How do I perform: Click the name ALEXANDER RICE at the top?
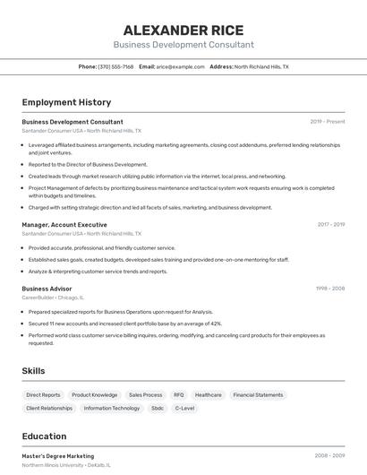pyautogui.click(x=183, y=30)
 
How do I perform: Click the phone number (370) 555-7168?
pyautogui.click(x=115, y=66)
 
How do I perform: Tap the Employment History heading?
pyautogui.click(x=66, y=102)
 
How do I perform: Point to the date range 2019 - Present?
pyautogui.click(x=328, y=122)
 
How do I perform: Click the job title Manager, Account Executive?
pyautogui.click(x=64, y=224)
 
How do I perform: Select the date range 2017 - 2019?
pyautogui.click(x=330, y=225)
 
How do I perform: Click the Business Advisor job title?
pyautogui.click(x=47, y=289)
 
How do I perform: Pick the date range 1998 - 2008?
pyautogui.click(x=330, y=289)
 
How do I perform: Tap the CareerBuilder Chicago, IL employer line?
pyautogui.click(x=53, y=298)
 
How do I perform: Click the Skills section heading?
pyautogui.click(x=34, y=370)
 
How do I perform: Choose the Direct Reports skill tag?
pyautogui.click(x=43, y=394)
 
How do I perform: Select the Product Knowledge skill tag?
pyautogui.click(x=94, y=394)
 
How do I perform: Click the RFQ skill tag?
pyautogui.click(x=178, y=394)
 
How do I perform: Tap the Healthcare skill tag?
pyautogui.click(x=208, y=394)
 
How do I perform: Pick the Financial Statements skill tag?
pyautogui.click(x=258, y=394)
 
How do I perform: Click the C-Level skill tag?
pyautogui.click(x=184, y=408)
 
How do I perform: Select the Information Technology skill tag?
pyautogui.click(x=112, y=408)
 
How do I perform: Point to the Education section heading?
pyautogui.click(x=44, y=436)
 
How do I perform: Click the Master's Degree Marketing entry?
pyautogui.click(x=58, y=456)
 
